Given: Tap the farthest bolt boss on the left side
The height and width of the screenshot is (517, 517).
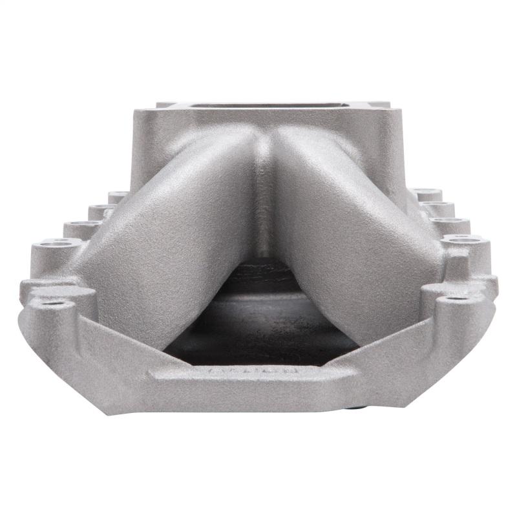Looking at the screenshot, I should click(x=118, y=195).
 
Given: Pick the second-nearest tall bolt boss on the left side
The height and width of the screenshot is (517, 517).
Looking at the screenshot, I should click(x=81, y=227).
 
